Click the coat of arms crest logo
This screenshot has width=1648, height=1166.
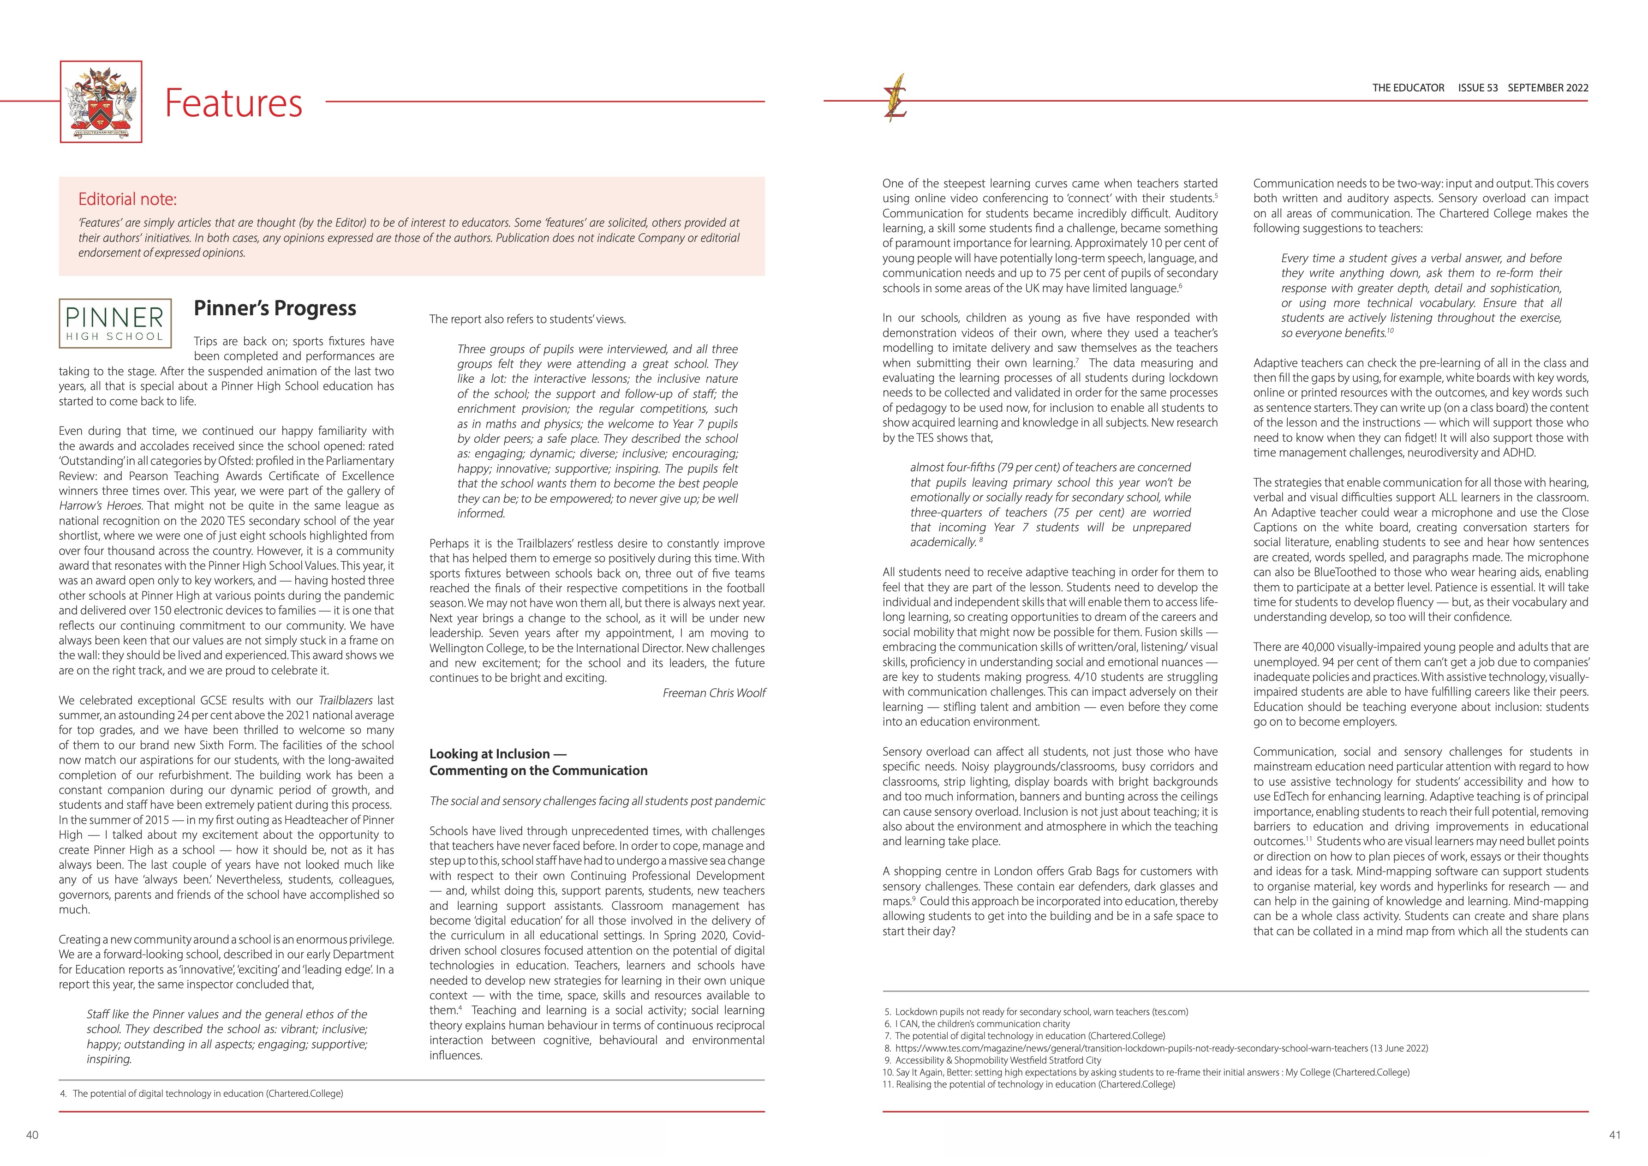(101, 102)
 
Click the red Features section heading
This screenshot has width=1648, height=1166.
(233, 102)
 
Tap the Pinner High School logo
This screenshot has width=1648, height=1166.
(115, 323)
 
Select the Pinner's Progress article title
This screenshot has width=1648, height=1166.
(275, 308)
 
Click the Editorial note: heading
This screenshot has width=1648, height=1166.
(127, 199)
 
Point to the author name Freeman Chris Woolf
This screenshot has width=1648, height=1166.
(713, 693)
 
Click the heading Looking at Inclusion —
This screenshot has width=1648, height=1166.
(497, 754)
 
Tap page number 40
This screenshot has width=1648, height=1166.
(32, 1135)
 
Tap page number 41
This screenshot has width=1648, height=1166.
(1615, 1135)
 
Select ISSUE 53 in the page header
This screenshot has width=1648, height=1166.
(1478, 88)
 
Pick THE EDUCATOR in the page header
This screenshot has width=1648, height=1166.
(1408, 88)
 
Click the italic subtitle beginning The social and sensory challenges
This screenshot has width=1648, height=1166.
(597, 801)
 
